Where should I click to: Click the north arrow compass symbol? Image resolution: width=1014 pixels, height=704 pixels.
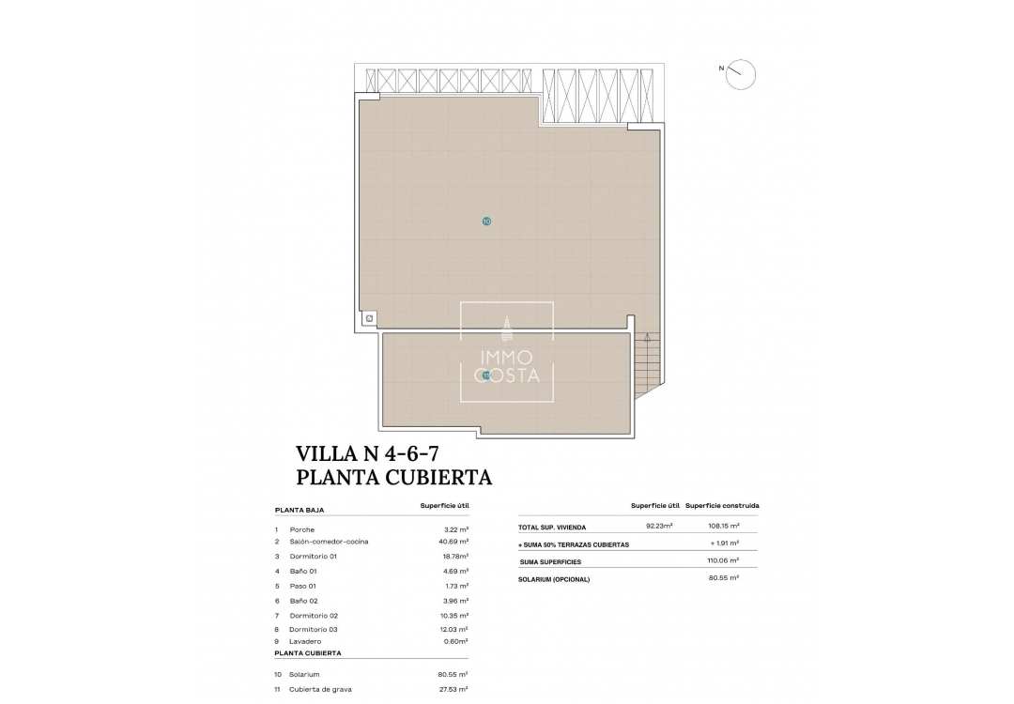[x=741, y=73]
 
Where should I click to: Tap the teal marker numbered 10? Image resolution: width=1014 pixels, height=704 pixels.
[x=485, y=222]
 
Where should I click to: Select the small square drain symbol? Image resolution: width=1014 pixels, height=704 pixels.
[x=369, y=319]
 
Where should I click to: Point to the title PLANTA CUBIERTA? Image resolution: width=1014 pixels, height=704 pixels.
[x=394, y=477]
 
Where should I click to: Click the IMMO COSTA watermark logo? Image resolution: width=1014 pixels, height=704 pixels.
[x=506, y=352]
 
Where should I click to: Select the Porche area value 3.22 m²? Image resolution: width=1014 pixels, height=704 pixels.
[x=456, y=529]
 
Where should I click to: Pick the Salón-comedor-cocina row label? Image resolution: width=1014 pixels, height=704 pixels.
[x=329, y=542]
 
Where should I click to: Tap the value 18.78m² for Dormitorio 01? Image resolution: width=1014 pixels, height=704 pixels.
[x=455, y=556]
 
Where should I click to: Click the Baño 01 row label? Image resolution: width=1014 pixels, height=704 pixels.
[x=302, y=571]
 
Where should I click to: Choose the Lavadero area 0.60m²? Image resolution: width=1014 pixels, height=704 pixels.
[x=455, y=641]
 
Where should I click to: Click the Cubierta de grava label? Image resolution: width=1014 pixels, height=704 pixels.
[x=322, y=689]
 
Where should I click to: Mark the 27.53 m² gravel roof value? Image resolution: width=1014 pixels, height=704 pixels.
[x=455, y=689]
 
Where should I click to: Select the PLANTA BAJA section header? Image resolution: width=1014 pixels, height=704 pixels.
[x=300, y=510]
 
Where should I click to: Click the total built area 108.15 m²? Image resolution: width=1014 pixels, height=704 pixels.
[x=723, y=527]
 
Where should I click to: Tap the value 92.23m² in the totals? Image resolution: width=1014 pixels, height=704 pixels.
[x=659, y=527]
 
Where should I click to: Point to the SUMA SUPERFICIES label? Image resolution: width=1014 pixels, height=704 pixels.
[x=550, y=562]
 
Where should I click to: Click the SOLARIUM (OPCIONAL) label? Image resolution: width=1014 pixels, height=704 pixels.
[x=554, y=579]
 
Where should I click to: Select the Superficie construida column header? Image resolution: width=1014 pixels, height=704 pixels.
[x=722, y=506]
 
